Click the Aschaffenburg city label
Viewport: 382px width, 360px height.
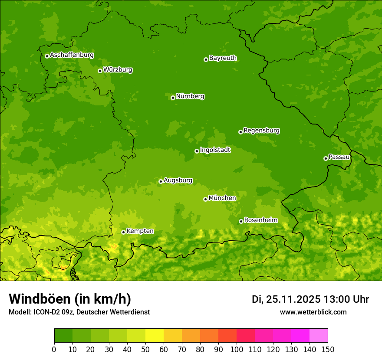coord(72,55)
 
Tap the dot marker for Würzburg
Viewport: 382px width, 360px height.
coord(100,71)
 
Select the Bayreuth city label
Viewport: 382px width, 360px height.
coord(223,58)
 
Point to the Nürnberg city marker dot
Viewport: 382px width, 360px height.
coord(173,98)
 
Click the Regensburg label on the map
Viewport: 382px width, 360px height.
coord(261,131)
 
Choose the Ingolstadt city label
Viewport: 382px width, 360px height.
coord(215,150)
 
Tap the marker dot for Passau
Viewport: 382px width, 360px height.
coord(326,158)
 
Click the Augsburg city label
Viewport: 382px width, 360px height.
coord(178,180)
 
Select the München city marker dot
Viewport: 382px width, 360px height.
coord(205,199)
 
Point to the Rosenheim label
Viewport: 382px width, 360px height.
coord(260,220)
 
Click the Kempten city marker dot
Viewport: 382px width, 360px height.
coord(123,232)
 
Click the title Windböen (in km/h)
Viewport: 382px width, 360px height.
coord(69,299)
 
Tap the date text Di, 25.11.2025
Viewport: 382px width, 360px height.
coord(286,299)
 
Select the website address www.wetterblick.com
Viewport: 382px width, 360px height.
coord(313,312)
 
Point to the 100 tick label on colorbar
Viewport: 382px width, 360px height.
coord(237,349)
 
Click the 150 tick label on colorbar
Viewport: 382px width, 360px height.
coord(328,349)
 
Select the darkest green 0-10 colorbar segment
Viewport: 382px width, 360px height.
coord(63,336)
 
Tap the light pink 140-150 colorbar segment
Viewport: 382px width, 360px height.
coord(319,336)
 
